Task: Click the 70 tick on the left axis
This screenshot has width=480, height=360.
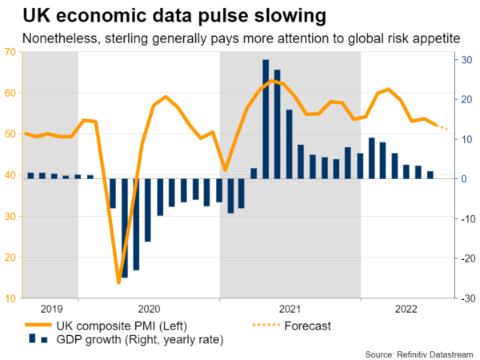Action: point(12,52)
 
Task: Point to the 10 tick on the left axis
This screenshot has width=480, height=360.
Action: point(12,298)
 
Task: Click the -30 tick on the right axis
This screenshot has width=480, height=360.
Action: point(465,298)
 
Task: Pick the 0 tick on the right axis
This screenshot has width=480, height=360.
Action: point(462,179)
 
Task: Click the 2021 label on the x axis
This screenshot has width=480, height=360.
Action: point(289,309)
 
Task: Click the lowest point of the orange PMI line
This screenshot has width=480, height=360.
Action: point(118,282)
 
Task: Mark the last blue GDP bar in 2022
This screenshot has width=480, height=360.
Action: point(430,175)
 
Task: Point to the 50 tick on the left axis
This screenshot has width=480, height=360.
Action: point(12,134)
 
